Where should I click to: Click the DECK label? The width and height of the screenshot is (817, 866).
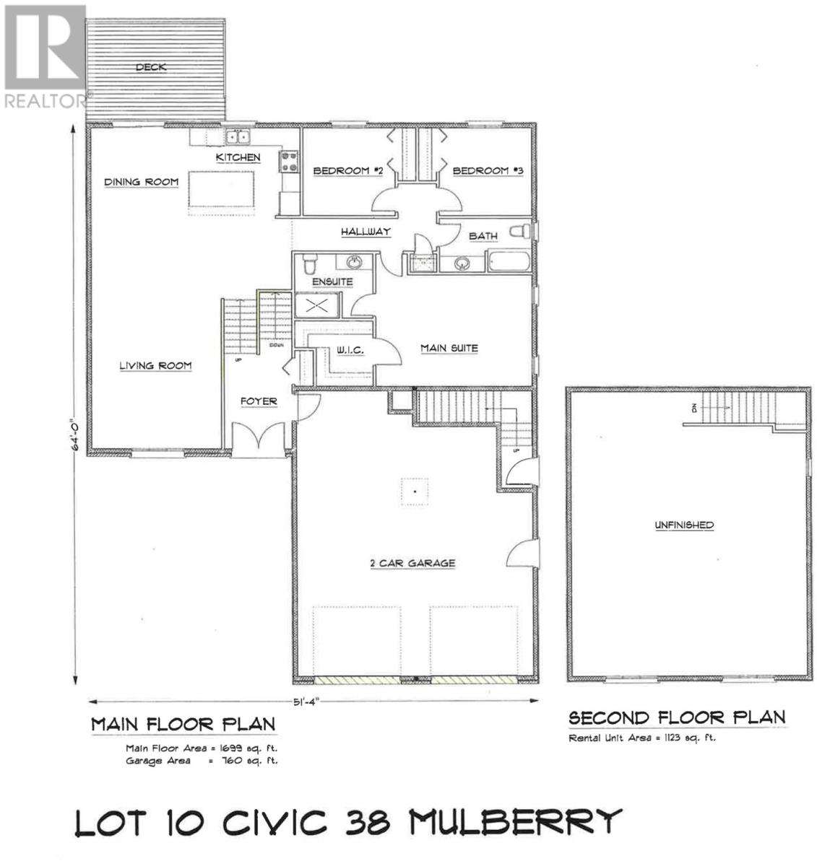click(x=151, y=68)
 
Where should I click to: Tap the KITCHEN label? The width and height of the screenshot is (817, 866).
click(x=238, y=157)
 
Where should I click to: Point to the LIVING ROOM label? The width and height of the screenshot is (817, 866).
click(x=155, y=366)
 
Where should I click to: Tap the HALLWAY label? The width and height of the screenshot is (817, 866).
click(x=366, y=232)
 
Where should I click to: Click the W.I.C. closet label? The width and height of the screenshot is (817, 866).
click(x=350, y=350)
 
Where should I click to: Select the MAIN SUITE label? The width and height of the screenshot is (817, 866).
click(x=449, y=349)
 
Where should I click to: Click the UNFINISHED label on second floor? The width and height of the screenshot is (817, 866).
click(x=683, y=525)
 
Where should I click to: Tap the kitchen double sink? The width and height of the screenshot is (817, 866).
click(x=237, y=136)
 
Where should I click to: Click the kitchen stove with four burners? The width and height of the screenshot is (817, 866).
click(x=289, y=161)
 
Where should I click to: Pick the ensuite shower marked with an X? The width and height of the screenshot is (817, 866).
click(x=316, y=305)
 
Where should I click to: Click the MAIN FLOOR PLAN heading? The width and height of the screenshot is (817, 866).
click(x=183, y=725)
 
